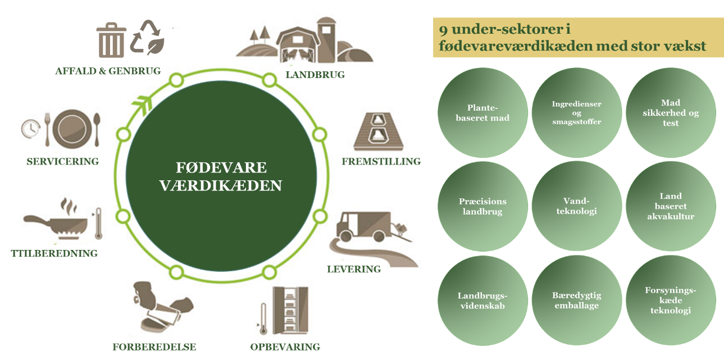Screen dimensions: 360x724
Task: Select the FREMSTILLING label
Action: pyautogui.click(x=381, y=162)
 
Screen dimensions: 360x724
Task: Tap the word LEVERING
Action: pyautogui.click(x=354, y=269)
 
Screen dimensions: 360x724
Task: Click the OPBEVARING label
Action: pyautogui.click(x=285, y=347)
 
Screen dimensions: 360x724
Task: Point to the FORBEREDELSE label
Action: pyautogui.click(x=154, y=347)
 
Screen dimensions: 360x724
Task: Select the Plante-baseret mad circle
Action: pyautogui.click(x=482, y=113)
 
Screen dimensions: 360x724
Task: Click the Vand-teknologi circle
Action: pyautogui.click(x=576, y=207)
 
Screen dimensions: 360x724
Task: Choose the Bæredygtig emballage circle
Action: pyautogui.click(x=576, y=300)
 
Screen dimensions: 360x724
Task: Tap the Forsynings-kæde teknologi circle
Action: pyautogui.click(x=670, y=300)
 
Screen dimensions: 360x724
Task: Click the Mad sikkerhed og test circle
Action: pyautogui.click(x=670, y=113)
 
